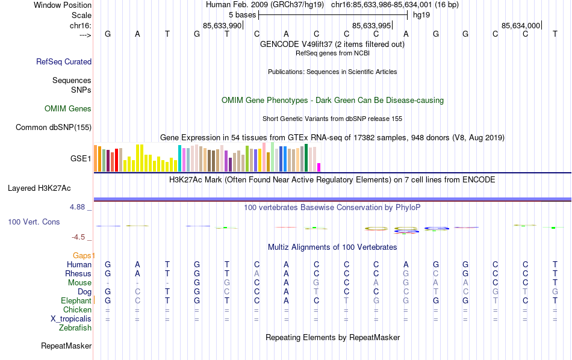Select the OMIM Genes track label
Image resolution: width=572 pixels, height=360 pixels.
pos(68,109)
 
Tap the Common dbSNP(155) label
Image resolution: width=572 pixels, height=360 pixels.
pos(54,127)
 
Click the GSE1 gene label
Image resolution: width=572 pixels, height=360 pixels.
pos(81,159)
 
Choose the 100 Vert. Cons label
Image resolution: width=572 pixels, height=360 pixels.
pos(34,222)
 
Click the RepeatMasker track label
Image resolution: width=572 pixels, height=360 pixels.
pos(66,346)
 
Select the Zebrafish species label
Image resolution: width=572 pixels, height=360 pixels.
pos(75,328)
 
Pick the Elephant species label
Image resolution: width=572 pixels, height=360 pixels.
pos(76,300)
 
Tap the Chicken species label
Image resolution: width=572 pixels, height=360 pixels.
pos(77,309)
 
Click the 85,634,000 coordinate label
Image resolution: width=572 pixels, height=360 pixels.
pos(521,25)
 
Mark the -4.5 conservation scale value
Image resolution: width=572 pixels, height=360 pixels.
pos(82,237)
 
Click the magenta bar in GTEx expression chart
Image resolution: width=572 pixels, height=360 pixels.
pos(319,167)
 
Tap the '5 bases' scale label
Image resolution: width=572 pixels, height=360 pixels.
pos(242,14)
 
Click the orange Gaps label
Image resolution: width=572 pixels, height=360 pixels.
pos(84,255)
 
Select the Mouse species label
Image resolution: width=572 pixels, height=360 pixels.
pos(79,283)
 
